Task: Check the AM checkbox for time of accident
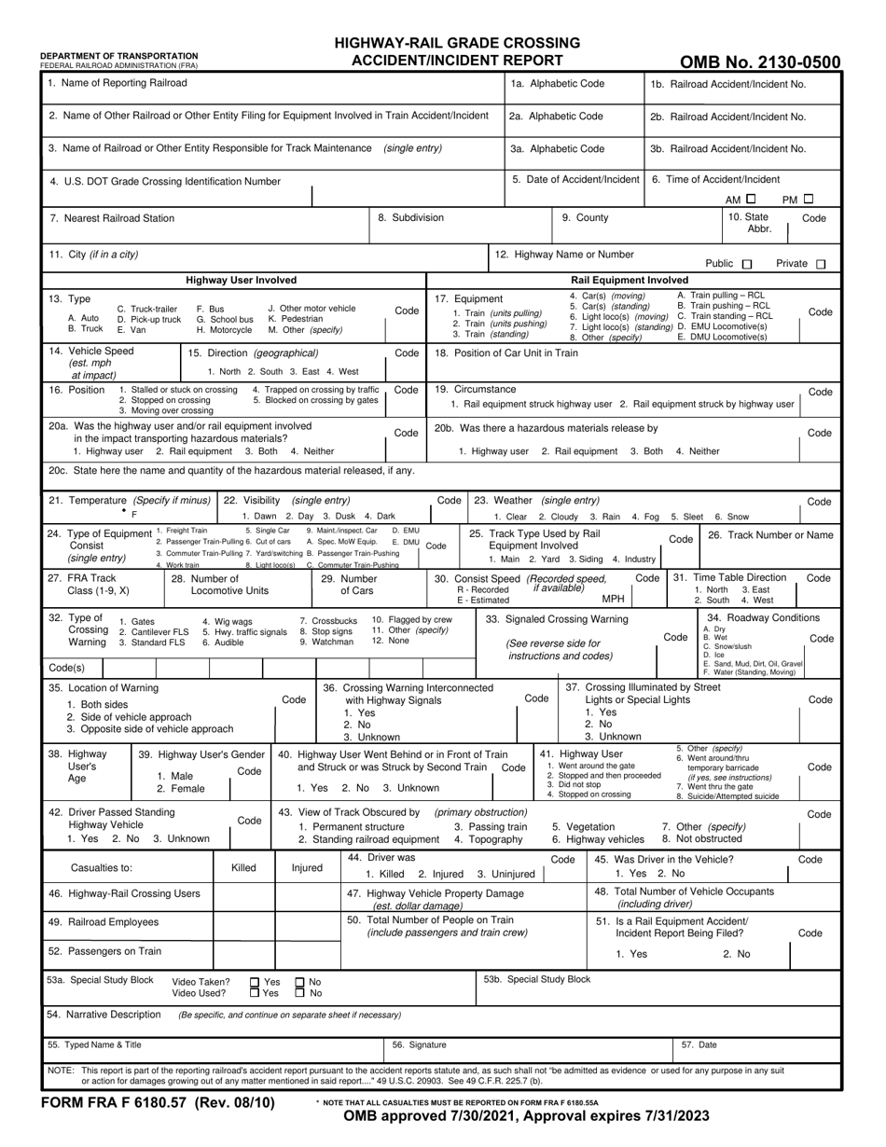[x=751, y=199]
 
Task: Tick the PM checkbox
[x=809, y=199]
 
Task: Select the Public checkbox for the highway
[x=745, y=264]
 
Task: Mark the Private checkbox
[x=821, y=264]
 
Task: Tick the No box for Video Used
[x=299, y=993]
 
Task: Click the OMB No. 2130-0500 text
[x=759, y=63]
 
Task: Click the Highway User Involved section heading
[x=242, y=280]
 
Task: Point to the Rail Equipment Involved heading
[x=630, y=280]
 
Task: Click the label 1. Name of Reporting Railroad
[x=118, y=84]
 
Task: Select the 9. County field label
[x=585, y=218]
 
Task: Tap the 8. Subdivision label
[x=410, y=218]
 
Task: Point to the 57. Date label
[x=699, y=1045]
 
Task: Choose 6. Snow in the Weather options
[x=732, y=517]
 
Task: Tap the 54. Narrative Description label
[x=104, y=1014]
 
